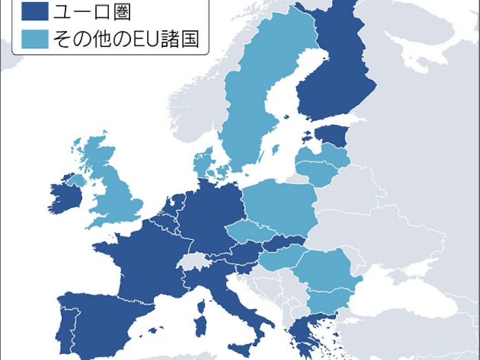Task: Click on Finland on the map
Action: pos(338,76)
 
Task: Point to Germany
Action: pos(210,214)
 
